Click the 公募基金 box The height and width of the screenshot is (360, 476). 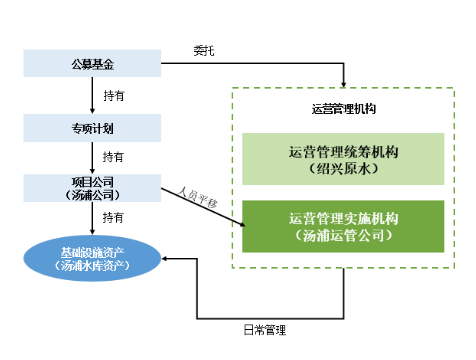92,63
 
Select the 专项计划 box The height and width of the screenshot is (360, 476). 92,128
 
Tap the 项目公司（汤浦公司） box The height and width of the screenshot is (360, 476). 92,188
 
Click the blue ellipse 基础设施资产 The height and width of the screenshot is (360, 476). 92,258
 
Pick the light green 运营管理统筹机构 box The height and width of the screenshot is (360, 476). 343,159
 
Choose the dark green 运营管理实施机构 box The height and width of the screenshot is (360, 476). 343,226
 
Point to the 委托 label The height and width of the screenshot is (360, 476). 204,50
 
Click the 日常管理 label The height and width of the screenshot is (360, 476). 265,330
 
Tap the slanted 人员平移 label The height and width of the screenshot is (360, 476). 198,197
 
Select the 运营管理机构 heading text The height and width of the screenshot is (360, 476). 344,109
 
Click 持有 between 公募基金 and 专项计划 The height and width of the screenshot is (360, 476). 114,96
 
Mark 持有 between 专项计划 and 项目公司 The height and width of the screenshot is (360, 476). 113,157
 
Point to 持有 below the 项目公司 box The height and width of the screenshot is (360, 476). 113,217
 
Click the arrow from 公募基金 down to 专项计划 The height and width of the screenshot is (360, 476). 92,95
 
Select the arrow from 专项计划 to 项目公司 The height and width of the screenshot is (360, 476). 92,158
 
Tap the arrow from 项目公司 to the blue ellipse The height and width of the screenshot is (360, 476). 92,218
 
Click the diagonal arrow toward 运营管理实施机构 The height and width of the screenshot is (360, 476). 203,207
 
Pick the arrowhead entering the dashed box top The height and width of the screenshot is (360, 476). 343,84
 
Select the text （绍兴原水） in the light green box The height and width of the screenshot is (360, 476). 343,169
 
